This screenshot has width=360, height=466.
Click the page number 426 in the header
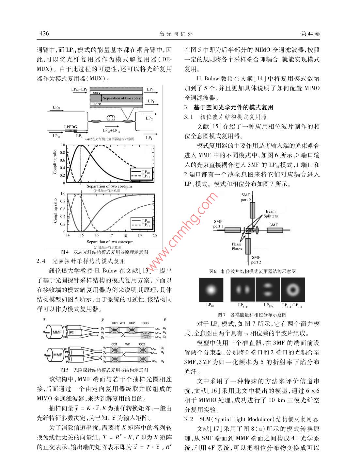44,34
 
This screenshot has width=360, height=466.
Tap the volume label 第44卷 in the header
310,34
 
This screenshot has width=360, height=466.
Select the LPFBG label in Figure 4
70,127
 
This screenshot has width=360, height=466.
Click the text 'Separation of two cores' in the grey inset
121,98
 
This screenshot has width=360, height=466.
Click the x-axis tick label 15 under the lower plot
82,235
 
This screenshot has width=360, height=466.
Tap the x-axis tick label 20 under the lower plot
154,235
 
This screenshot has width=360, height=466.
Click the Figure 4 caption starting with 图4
104,252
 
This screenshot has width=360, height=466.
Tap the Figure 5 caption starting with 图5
104,370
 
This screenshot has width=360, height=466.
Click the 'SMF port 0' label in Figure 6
246,197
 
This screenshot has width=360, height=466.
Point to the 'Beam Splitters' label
271,214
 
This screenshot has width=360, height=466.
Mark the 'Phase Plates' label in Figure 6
237,246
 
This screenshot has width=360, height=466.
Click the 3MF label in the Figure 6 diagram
274,225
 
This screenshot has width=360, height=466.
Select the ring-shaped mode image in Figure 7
292,290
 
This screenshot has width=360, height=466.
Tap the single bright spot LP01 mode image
211,290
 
